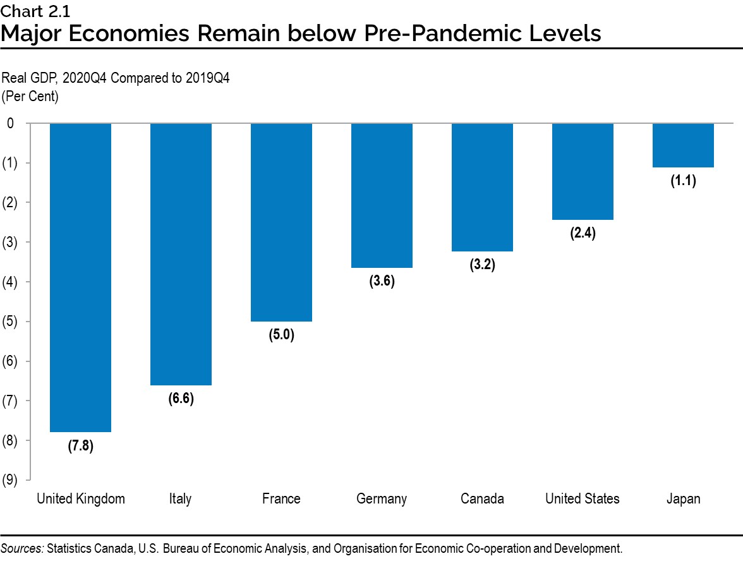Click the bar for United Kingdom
coord(81,277)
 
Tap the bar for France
coord(281,222)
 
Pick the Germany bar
coord(382,195)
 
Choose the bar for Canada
coord(482,187)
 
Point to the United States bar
coord(583,171)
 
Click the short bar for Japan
coord(683,145)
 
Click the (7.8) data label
coord(81,446)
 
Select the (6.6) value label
coord(181,399)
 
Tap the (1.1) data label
coord(683,181)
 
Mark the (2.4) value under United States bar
coord(583,234)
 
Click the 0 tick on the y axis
coord(10,123)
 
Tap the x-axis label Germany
coord(382,498)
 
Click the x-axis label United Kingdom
coord(81,498)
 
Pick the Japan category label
coord(683,498)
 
